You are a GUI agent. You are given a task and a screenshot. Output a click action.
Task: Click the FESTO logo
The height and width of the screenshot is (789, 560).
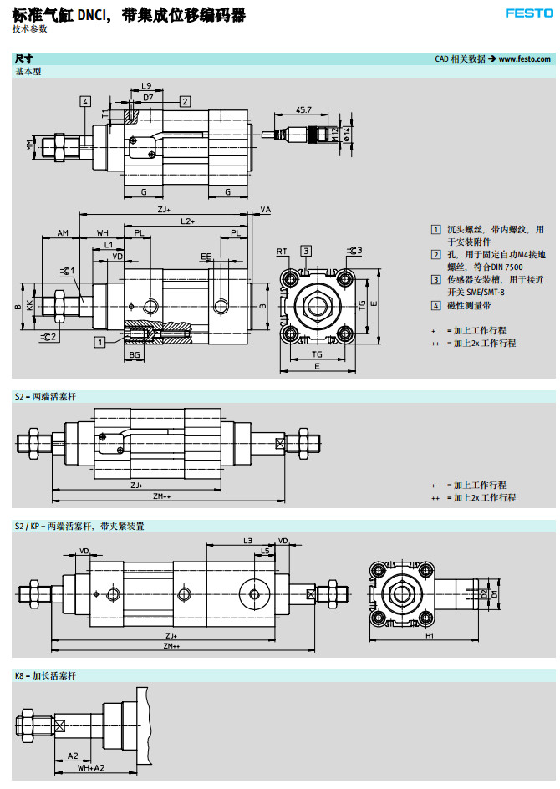[528, 13]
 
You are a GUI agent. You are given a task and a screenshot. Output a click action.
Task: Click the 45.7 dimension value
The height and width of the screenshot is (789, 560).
[304, 109]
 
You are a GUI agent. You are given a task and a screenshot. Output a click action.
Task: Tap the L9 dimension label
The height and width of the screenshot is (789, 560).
[146, 86]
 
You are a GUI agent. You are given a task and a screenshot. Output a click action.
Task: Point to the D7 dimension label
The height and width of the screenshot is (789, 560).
[148, 98]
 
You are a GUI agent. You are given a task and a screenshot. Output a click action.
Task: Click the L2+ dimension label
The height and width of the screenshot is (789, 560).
[187, 221]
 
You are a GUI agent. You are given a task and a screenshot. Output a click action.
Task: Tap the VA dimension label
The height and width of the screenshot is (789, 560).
[266, 210]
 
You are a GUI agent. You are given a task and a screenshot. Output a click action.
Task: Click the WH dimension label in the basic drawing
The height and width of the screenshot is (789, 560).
[103, 232]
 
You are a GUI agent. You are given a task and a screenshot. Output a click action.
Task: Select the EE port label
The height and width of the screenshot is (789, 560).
[206, 256]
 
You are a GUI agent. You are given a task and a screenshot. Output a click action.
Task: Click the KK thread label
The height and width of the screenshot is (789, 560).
[31, 306]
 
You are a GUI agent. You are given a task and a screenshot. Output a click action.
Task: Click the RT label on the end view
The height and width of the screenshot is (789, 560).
[282, 251]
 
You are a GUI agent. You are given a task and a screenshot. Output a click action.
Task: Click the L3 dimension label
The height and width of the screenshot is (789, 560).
[248, 541]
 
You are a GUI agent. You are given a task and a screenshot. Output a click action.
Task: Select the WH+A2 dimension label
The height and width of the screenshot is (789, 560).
[92, 766]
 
